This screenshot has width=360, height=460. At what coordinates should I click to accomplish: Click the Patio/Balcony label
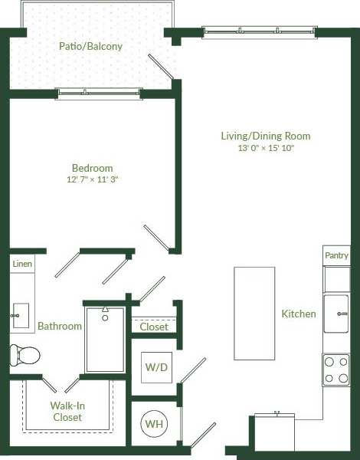tap(90, 46)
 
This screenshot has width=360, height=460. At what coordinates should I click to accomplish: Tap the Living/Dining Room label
tap(265, 136)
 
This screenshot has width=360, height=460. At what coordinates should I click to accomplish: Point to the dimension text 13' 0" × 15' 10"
tap(265, 149)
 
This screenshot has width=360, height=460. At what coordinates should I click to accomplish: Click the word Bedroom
tap(92, 168)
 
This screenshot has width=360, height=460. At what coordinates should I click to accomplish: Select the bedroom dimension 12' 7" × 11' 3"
tap(92, 179)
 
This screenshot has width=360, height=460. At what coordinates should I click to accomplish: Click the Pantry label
tap(336, 256)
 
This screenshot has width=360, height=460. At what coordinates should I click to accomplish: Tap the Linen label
tap(22, 264)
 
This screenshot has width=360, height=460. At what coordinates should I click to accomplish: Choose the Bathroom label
tap(60, 326)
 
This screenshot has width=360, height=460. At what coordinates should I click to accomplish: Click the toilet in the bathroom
tap(25, 355)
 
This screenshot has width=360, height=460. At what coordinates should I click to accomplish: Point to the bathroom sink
tap(21, 314)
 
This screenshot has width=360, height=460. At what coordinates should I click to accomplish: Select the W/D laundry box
tap(156, 367)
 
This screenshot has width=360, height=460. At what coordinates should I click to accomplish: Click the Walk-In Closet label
tap(67, 412)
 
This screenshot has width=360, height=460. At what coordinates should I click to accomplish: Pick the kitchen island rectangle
tap(254, 313)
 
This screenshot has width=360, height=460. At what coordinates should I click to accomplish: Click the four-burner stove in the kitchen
tap(335, 369)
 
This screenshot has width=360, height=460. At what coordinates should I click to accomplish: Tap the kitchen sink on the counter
tap(335, 314)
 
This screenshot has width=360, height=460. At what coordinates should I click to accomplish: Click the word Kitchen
tap(299, 314)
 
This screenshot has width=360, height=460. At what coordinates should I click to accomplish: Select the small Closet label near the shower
tap(154, 327)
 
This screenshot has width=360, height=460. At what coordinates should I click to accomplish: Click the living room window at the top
tap(258, 31)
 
